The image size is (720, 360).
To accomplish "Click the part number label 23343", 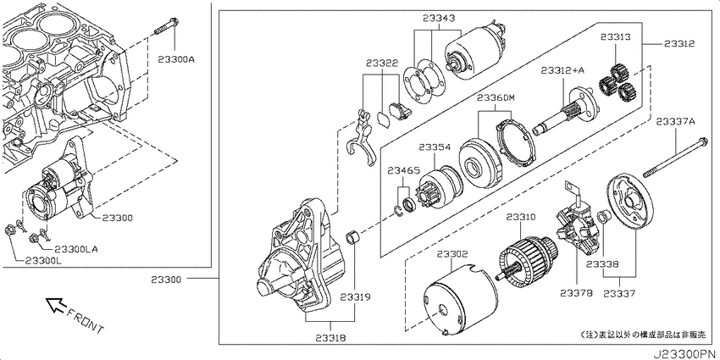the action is point(439,19).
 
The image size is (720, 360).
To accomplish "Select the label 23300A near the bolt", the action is point(176,59).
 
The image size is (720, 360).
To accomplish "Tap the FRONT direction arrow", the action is point(57,304).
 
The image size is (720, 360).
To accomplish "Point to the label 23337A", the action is point(675,121).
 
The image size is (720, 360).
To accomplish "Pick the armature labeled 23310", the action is point(528,259).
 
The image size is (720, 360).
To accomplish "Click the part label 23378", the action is point(576,292).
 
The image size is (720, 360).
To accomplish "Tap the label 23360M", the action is point(496,97).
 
